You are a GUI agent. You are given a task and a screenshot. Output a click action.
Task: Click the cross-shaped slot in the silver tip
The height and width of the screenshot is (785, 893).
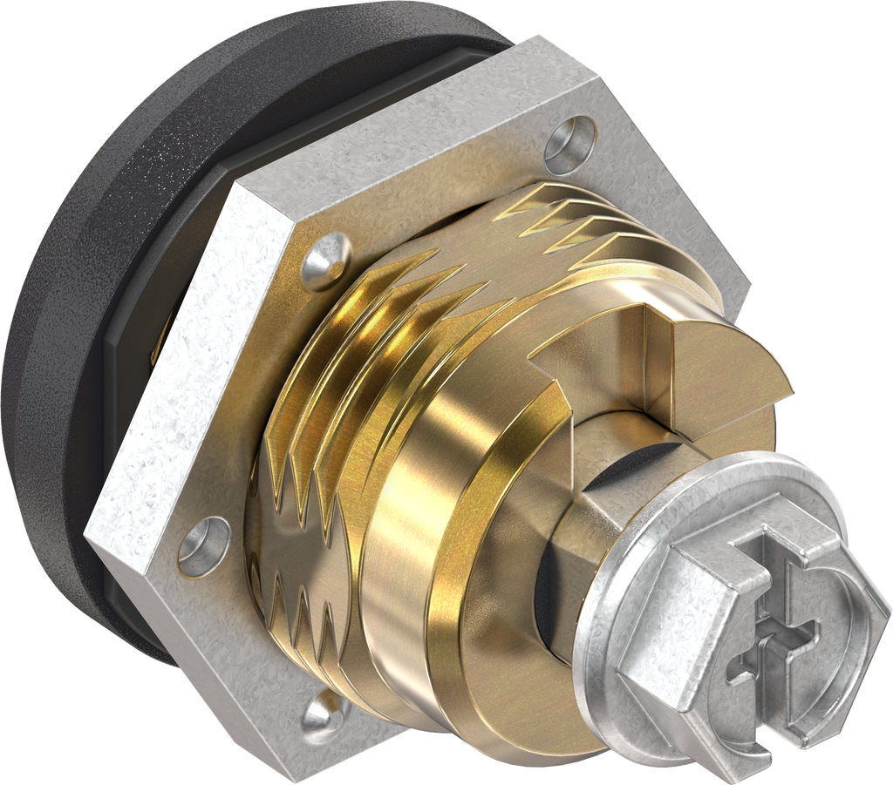point(767,627)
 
